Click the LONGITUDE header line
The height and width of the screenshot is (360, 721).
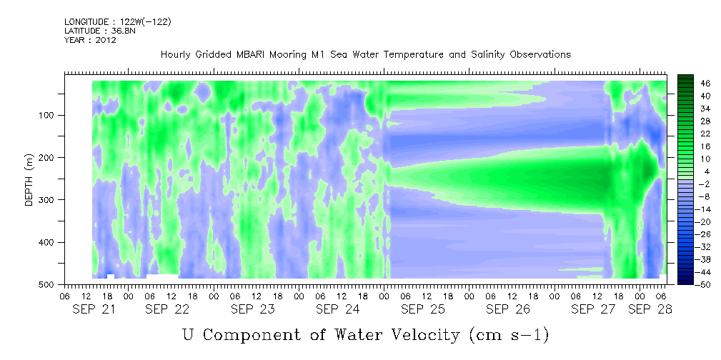tap(118, 21)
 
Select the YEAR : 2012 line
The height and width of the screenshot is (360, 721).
tap(90, 40)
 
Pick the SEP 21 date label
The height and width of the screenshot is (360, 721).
tap(94, 309)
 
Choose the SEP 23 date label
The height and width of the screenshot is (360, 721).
tap(253, 309)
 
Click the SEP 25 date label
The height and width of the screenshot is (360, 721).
tap(423, 309)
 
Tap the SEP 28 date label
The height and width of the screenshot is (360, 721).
tap(650, 309)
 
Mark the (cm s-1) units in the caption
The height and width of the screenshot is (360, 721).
tap(509, 335)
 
